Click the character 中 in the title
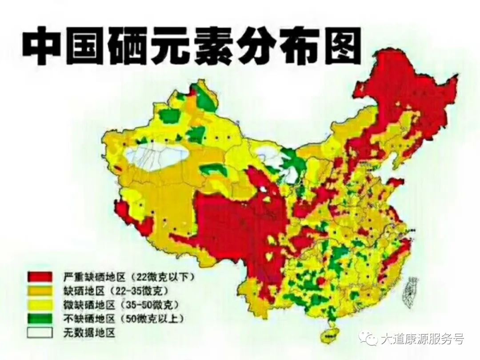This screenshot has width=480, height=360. [44, 46]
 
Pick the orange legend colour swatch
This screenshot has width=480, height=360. [40, 291]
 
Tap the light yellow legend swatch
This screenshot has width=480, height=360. [40, 305]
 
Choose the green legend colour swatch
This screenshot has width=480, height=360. [40, 319]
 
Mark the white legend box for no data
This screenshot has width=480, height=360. [40, 332]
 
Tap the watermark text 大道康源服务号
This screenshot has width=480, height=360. [423, 339]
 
